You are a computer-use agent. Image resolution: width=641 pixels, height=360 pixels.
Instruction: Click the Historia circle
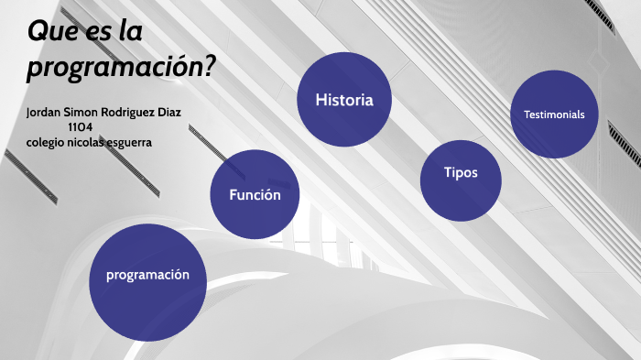pyautogui.click(x=344, y=99)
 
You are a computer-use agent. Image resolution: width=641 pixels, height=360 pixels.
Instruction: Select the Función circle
pyautogui.click(x=255, y=194)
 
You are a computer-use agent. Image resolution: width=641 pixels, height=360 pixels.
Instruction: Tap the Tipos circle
pyautogui.click(x=461, y=180)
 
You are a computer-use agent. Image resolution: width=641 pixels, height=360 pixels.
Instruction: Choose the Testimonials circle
pyautogui.click(x=554, y=115)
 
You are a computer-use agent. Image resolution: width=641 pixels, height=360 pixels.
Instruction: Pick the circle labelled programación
pyautogui.click(x=147, y=276)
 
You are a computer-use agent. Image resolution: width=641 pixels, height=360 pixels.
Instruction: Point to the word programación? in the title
pyautogui.click(x=122, y=67)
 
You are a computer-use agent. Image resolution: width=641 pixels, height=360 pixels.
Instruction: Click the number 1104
pyautogui.click(x=81, y=127)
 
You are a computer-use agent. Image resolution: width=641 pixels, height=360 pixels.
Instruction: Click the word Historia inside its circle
pyautogui.click(x=344, y=100)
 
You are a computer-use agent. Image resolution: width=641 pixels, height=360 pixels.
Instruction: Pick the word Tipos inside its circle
pyautogui.click(x=461, y=172)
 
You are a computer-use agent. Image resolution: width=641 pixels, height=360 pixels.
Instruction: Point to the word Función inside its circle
pyautogui.click(x=255, y=194)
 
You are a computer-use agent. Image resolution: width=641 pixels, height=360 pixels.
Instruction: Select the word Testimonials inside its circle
pyautogui.click(x=554, y=115)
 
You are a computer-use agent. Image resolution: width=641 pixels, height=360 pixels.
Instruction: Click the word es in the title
pyautogui.click(x=97, y=32)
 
